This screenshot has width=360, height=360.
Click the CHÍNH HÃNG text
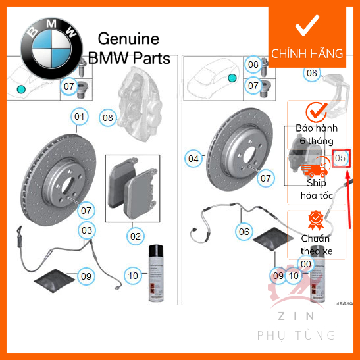coord(307,54)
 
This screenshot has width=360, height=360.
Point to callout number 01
coord(80,118)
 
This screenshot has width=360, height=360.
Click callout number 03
coord(86,230)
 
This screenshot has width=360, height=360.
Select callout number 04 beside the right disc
coord(193,159)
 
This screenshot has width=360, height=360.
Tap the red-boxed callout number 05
coord(340,158)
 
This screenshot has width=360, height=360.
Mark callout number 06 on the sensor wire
coord(244,231)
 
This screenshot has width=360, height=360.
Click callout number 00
coord(305,263)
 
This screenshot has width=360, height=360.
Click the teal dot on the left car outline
coord(22,88)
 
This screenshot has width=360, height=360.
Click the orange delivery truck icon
coord(315,169)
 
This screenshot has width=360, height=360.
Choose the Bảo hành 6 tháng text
coord(315,135)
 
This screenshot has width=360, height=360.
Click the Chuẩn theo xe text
coord(315,245)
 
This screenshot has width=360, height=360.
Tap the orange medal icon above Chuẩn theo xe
coord(315,219)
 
